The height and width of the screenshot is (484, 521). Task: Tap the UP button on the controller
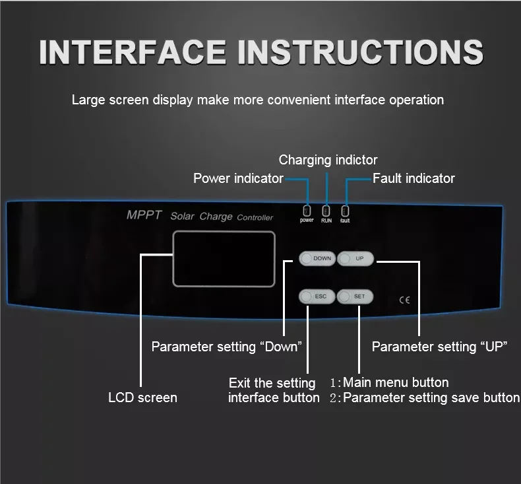click(355, 258)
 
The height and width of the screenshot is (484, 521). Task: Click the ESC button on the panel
click(317, 296)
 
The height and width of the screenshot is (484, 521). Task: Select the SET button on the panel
click(355, 296)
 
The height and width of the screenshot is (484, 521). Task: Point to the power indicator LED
click(307, 210)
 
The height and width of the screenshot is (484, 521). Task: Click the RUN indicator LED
click(326, 210)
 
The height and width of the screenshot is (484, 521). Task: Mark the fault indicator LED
click(345, 210)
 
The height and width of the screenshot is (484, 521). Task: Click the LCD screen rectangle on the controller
click(224, 259)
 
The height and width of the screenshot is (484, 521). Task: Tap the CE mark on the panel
click(405, 299)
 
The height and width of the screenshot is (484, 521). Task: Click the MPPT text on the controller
click(144, 215)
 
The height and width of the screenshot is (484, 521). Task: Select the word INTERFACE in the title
click(135, 52)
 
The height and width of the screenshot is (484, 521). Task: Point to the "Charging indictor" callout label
click(328, 160)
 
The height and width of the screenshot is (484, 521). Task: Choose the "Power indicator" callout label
click(238, 178)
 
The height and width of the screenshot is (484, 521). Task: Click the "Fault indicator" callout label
click(414, 178)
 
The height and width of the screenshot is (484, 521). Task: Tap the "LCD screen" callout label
click(142, 398)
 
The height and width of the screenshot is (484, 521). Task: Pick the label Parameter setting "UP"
click(439, 347)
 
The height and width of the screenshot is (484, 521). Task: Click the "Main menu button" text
click(396, 382)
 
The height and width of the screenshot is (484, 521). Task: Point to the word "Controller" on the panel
click(255, 217)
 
